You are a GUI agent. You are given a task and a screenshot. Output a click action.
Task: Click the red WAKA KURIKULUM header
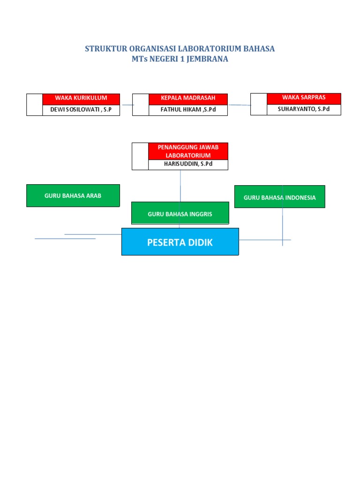[81, 98]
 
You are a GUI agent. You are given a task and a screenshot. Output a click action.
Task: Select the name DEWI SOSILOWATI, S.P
[81, 110]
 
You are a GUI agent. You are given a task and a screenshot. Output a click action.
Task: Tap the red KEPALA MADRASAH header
[188, 98]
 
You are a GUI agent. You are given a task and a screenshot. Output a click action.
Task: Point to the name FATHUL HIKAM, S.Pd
[188, 110]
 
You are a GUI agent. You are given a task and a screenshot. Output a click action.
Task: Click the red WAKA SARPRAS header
[304, 98]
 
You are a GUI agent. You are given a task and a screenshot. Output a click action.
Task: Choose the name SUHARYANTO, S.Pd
[304, 110]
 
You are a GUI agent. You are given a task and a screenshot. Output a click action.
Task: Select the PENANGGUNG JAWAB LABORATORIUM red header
[188, 151]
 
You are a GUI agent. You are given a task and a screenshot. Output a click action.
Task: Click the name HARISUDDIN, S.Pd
[188, 165]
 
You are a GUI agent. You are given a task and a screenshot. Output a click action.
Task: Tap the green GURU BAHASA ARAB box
[73, 195]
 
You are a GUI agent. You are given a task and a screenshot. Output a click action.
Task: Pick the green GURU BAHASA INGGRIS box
[180, 214]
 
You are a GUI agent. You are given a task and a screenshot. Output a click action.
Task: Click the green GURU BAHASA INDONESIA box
[279, 197]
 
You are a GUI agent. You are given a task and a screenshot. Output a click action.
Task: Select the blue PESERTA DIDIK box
[180, 242]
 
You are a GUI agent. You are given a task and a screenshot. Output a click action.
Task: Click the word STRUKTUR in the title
[101, 49]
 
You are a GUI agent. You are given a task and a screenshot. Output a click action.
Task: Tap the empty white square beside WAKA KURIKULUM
[34, 105]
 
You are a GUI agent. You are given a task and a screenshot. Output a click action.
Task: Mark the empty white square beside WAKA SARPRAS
[259, 104]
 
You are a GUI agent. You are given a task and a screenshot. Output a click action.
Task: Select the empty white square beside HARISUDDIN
[140, 156]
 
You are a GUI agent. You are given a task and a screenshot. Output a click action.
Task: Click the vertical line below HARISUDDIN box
[180, 185]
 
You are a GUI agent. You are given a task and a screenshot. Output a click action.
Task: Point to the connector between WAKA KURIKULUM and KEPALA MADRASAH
[126, 105]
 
